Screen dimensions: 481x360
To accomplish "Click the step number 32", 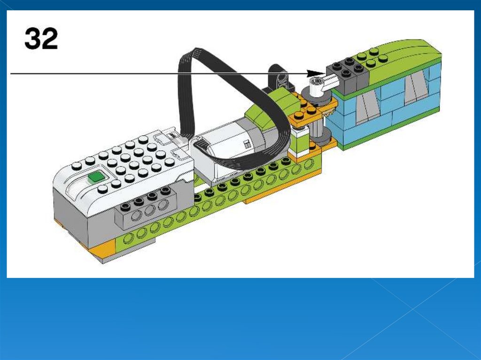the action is [x=41, y=38].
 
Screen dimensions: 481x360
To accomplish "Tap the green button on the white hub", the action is [x=96, y=177].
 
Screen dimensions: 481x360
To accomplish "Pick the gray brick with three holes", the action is [x=145, y=212].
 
